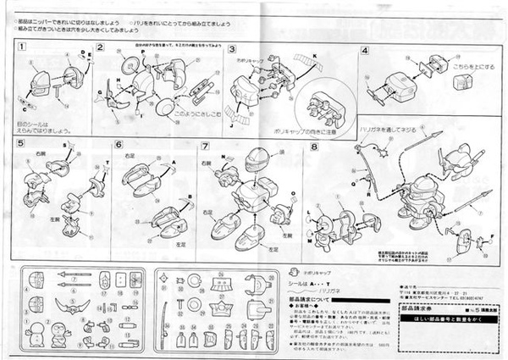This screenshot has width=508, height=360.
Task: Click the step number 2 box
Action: click(x=99, y=47)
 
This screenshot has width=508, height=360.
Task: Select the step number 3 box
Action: click(x=231, y=48)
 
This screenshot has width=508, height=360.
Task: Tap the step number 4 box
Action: click(x=365, y=49)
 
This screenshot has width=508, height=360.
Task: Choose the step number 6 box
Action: click(x=119, y=145)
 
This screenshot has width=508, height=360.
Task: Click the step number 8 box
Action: click(x=314, y=145)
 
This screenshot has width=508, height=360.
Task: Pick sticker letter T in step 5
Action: click(x=108, y=161)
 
